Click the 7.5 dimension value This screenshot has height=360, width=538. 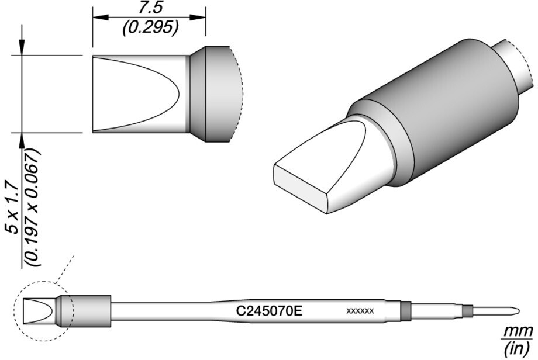150,8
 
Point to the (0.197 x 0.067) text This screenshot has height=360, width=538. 34,208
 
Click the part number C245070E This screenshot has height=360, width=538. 269,311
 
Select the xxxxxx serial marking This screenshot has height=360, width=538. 360,311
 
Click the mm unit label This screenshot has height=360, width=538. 518,332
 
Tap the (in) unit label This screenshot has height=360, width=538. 518,348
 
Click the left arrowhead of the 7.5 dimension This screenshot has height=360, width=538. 100,17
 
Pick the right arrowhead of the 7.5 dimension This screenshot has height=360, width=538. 198,17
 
